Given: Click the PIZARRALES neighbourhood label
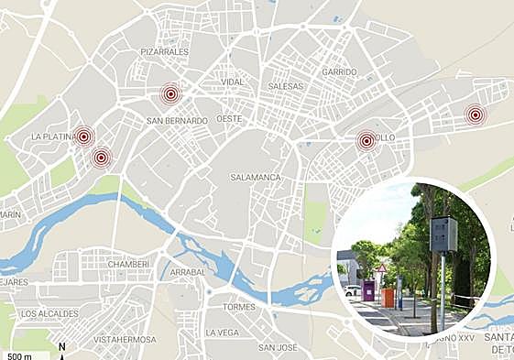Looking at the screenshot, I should [x=165, y=52].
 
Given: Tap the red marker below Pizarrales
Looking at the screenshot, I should [x=170, y=93].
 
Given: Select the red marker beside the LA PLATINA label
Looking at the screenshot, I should [x=83, y=136].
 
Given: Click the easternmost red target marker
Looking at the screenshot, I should [x=474, y=115].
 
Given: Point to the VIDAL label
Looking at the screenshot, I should [x=233, y=82].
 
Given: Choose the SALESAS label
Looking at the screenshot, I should [x=285, y=85].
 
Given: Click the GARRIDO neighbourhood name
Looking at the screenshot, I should [x=339, y=71].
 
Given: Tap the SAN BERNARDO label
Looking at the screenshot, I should [x=177, y=120].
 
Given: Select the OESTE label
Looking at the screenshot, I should [x=229, y=119].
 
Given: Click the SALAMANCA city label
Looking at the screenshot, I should [x=255, y=177].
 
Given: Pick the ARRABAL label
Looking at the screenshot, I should [x=187, y=272].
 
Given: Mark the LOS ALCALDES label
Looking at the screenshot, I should [x=51, y=313].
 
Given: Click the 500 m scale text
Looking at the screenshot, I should [x=20, y=355].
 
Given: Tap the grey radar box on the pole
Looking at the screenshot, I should [x=443, y=235].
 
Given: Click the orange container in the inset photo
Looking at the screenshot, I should [x=388, y=299].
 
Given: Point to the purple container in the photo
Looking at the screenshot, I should [x=368, y=291].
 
